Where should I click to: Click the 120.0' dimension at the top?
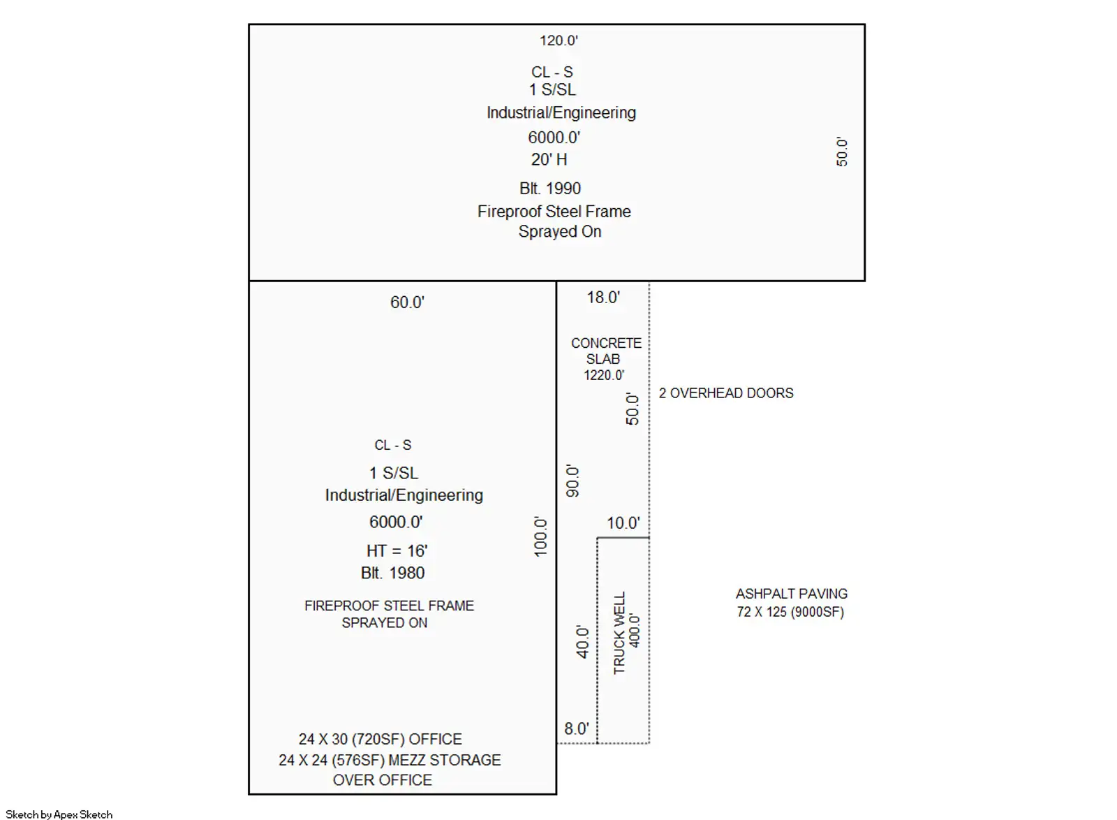click(x=558, y=41)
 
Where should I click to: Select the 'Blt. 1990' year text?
click(x=550, y=189)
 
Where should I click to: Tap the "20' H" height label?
click(x=549, y=160)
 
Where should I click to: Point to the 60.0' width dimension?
click(x=407, y=302)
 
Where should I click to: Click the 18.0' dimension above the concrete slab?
click(x=603, y=298)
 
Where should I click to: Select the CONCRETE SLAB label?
click(x=606, y=351)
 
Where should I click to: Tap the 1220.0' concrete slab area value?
click(x=604, y=375)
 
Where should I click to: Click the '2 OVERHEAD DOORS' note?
click(x=726, y=393)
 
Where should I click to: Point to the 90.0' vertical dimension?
click(x=572, y=481)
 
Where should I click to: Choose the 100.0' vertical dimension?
click(x=540, y=536)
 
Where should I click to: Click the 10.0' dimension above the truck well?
click(x=623, y=523)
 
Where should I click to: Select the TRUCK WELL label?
click(x=619, y=633)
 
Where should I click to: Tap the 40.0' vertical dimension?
click(x=582, y=642)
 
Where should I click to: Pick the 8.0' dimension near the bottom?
click(x=577, y=729)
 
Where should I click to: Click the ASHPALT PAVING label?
click(x=792, y=594)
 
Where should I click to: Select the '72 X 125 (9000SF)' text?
click(x=790, y=612)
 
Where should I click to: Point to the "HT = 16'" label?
click(x=397, y=550)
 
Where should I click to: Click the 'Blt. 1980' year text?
click(x=393, y=573)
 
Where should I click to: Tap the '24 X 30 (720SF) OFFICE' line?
click(x=380, y=739)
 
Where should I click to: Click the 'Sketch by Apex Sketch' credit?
click(x=59, y=814)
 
